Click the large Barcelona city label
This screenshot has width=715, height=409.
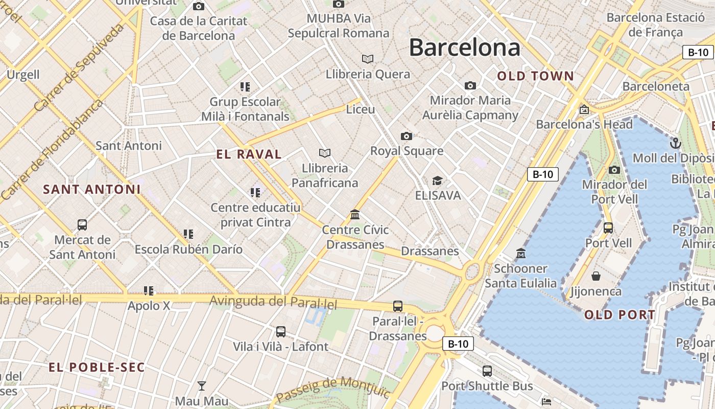(x=464, y=48)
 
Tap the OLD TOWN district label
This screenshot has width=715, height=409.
(x=536, y=76)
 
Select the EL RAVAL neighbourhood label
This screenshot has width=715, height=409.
(x=249, y=154)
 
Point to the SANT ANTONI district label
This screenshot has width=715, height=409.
(x=91, y=189)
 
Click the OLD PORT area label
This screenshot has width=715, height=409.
(x=619, y=315)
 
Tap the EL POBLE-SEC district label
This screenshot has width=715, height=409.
(x=97, y=367)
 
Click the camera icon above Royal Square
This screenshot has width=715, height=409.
(x=407, y=136)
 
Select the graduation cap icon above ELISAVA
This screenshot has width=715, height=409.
(x=437, y=180)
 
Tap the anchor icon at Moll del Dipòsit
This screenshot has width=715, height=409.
(x=676, y=143)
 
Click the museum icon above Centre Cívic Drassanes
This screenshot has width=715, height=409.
(x=355, y=214)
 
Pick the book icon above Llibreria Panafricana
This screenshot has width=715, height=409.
(x=324, y=153)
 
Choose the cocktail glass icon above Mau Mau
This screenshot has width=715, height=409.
(x=202, y=386)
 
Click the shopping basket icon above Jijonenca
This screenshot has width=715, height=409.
(x=595, y=277)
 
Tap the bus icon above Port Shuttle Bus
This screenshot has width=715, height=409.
(x=487, y=371)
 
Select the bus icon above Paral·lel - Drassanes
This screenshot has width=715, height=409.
(x=398, y=306)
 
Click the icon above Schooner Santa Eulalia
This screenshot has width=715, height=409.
(x=521, y=253)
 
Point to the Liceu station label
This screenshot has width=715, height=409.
(x=361, y=109)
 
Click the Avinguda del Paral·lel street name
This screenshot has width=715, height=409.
(x=274, y=302)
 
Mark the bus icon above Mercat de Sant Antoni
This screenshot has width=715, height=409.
(x=82, y=224)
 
